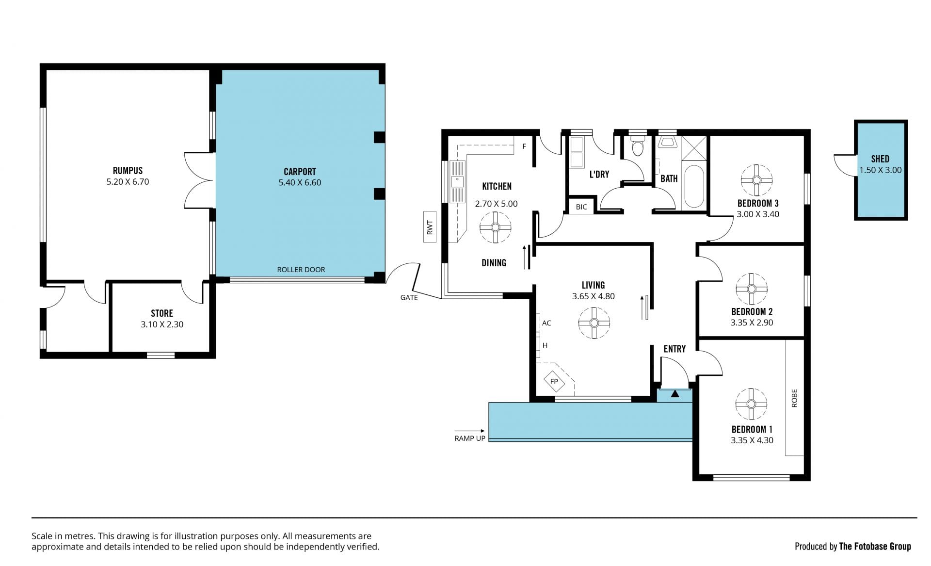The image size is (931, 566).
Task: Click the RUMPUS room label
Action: [128, 171]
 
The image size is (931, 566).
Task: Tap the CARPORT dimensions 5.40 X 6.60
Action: [300, 182]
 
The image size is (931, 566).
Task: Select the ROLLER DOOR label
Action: [301, 270]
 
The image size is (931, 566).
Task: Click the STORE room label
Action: [162, 313]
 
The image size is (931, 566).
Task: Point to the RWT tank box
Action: [430, 227]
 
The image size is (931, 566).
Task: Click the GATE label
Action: [409, 297]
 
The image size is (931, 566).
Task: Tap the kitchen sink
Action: [457, 181]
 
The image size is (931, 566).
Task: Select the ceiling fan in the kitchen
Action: [495, 227]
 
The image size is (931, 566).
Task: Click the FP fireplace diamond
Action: [554, 381]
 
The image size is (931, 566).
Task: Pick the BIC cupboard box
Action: [581, 207]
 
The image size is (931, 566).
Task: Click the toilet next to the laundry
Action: [637, 145]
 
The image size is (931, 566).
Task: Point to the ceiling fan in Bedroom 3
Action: [756, 180]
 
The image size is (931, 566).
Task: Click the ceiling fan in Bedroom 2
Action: [752, 289]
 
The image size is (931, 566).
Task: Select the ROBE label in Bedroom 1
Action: [794, 398]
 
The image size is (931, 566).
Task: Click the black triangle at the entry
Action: [674, 394]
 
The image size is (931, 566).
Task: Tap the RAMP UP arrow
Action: [469, 431]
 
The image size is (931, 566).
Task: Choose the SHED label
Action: [880, 159]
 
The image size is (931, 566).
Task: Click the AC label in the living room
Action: [546, 323]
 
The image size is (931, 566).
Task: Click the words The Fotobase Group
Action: [875, 546]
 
